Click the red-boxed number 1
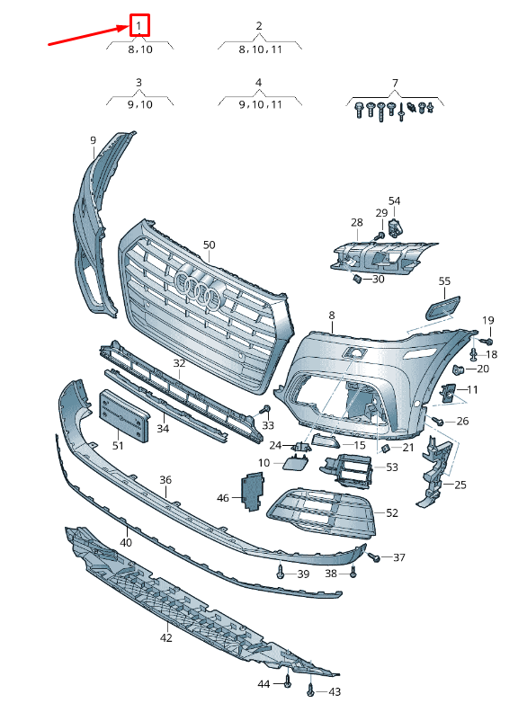pyautogui.click(x=139, y=26)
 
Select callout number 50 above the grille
pyautogui.click(x=209, y=245)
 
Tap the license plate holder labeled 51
pyautogui.click(x=124, y=415)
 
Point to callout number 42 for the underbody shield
pyautogui.click(x=166, y=638)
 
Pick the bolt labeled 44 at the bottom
pyautogui.click(x=287, y=680)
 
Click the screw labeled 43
pyautogui.click(x=310, y=689)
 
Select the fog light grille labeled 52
pyautogui.click(x=322, y=512)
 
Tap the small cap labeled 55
pyautogui.click(x=442, y=307)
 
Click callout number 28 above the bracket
pyautogui.click(x=357, y=223)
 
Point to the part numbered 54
pyautogui.click(x=396, y=228)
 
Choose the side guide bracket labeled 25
pyautogui.click(x=434, y=471)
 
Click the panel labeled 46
pyautogui.click(x=252, y=492)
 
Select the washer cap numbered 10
pyautogui.click(x=295, y=462)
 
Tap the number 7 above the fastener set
pyautogui.click(x=396, y=83)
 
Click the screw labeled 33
pyautogui.click(x=265, y=410)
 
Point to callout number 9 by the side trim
pyautogui.click(x=94, y=140)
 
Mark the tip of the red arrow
pyautogui.click(x=130, y=26)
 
